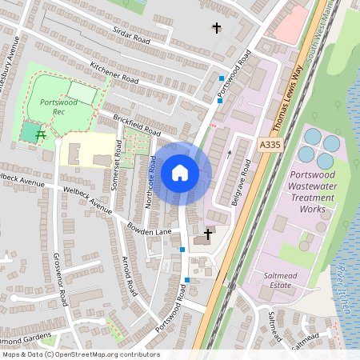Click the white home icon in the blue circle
coord(180,173)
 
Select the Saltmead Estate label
coord(281,279)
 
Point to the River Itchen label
coord(342,280)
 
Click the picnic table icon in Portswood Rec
coord(38,134)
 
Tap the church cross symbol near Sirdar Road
coord(215,29)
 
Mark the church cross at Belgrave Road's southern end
coord(209,234)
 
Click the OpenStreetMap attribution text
coord(80,354)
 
